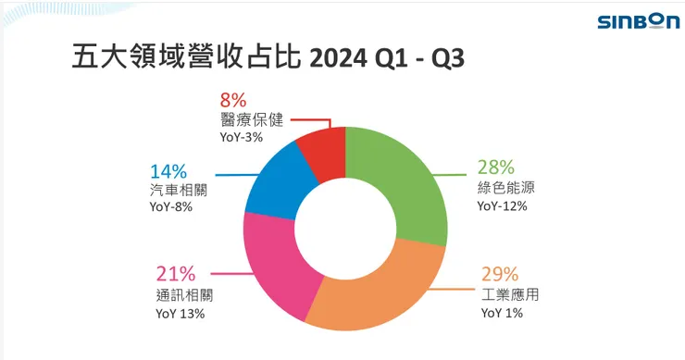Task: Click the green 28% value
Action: [497, 168]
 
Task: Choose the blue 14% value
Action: [168, 170]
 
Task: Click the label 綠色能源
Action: [506, 188]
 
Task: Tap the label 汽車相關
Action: [178, 190]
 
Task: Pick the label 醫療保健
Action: [250, 118]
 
